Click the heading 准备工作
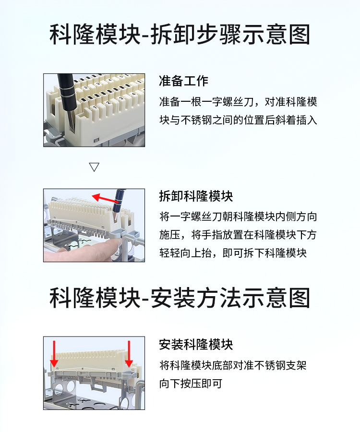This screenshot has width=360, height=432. [x=183, y=81]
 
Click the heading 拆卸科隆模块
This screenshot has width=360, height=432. [x=196, y=196]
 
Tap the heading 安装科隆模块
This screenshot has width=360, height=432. [x=196, y=344]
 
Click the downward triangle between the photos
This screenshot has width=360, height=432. [x=94, y=167]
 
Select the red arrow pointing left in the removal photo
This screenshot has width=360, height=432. [x=106, y=199]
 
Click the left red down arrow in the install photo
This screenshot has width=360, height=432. [x=54, y=354]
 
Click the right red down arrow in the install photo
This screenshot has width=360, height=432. [x=129, y=354]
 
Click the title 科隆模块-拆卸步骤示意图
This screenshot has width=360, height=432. [x=180, y=35]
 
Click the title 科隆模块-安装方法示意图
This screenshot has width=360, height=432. [x=180, y=298]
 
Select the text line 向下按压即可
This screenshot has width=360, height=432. [x=191, y=384]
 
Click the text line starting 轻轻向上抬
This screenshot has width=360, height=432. [x=233, y=253]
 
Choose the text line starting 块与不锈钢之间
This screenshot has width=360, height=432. [x=238, y=120]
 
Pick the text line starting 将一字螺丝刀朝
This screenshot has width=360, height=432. [x=238, y=216]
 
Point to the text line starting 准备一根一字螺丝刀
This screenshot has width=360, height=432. [x=238, y=102]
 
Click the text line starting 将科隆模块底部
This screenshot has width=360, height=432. [x=233, y=365]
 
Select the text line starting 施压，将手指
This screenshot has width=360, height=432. [x=238, y=235]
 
